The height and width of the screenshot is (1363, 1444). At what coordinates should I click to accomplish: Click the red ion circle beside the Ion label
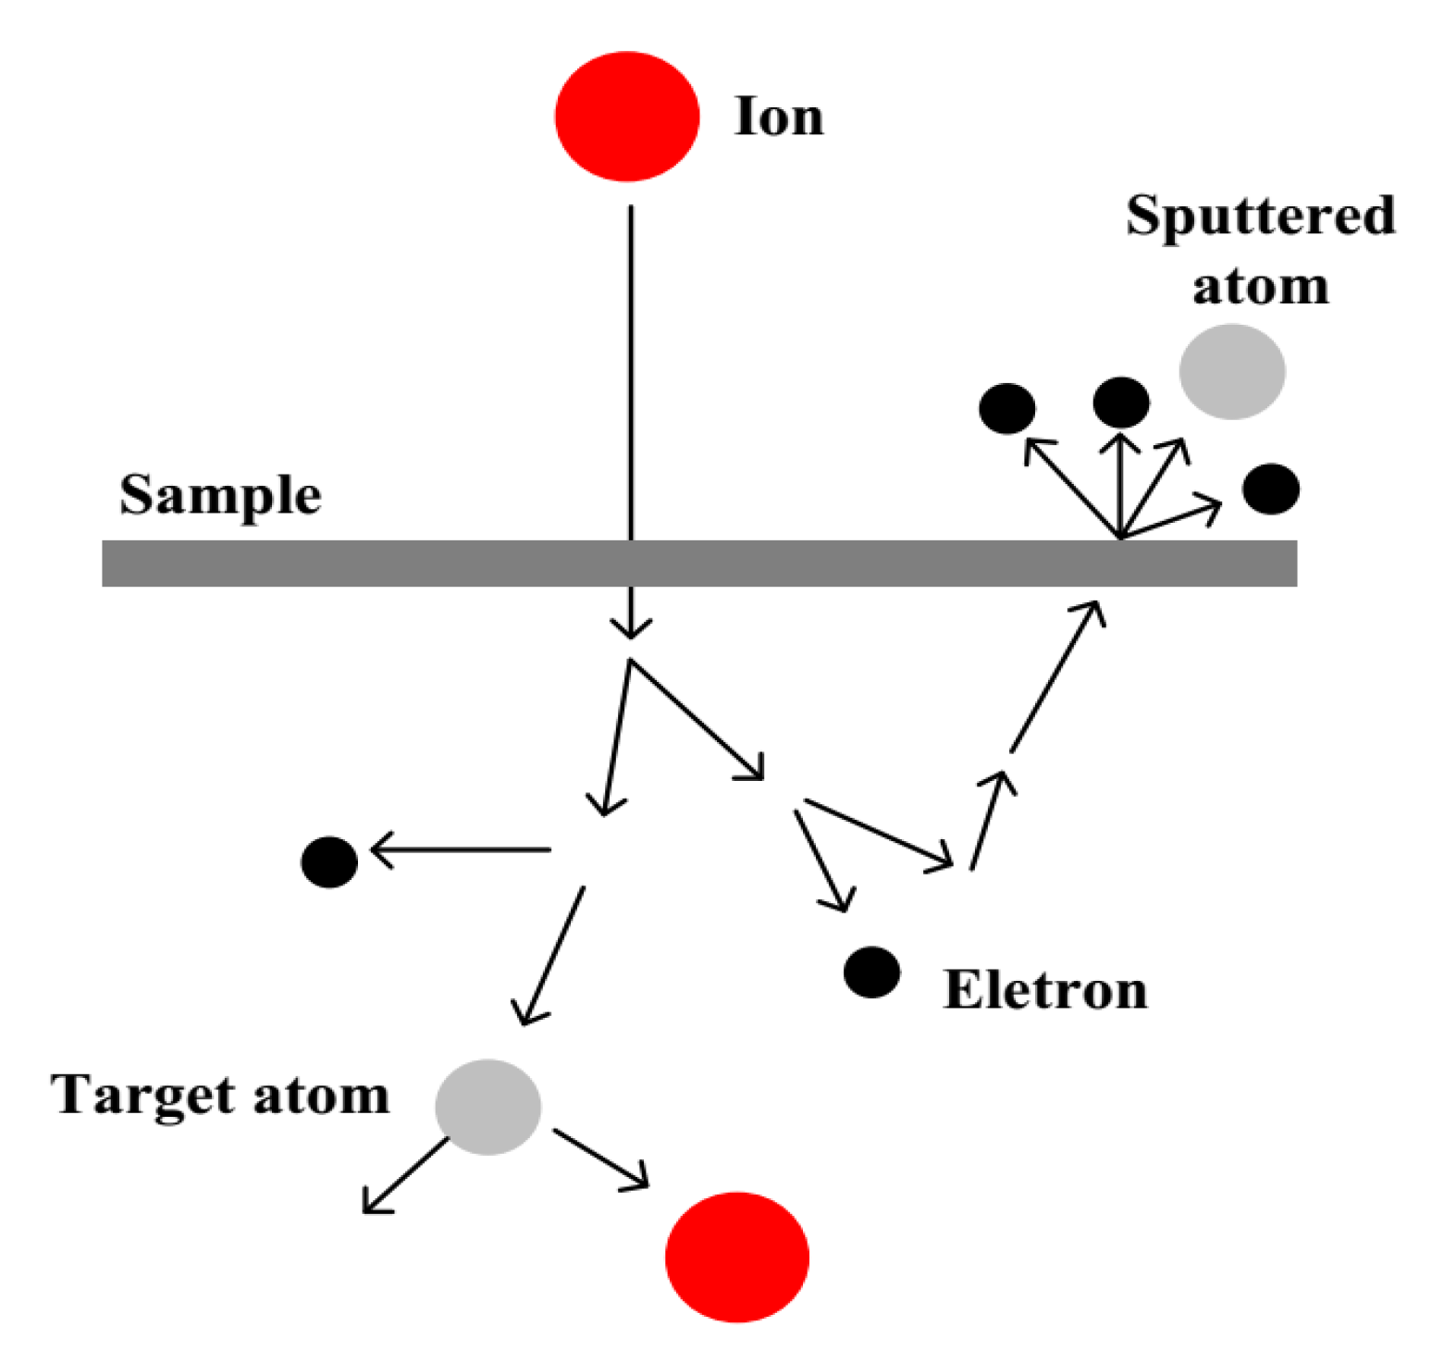click(626, 117)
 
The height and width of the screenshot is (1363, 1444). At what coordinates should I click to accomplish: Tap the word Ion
click(778, 118)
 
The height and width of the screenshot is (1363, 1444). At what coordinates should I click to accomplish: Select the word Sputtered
click(1260, 217)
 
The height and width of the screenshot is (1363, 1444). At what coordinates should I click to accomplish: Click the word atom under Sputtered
click(1260, 286)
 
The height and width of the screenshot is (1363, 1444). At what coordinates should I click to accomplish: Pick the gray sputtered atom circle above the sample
click(1231, 371)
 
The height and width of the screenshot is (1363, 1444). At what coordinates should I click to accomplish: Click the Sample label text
click(220, 496)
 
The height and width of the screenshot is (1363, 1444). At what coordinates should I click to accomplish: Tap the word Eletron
click(1045, 990)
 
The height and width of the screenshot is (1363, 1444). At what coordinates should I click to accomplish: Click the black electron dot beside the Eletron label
click(871, 973)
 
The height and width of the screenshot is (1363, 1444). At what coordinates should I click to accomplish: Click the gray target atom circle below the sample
click(488, 1107)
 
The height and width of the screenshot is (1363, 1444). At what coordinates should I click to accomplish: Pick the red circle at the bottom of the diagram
click(736, 1257)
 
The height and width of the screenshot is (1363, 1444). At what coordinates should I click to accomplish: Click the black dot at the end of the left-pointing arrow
click(329, 861)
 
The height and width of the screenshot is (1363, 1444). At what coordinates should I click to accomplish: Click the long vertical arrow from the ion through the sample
click(631, 416)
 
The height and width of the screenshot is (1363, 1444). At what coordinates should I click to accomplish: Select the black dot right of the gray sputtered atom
click(1271, 489)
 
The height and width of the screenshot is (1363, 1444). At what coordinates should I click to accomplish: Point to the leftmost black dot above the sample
click(1006, 408)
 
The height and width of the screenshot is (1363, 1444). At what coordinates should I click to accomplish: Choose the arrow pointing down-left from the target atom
click(405, 1175)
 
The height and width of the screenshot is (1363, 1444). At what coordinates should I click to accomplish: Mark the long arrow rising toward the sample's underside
click(1056, 676)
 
